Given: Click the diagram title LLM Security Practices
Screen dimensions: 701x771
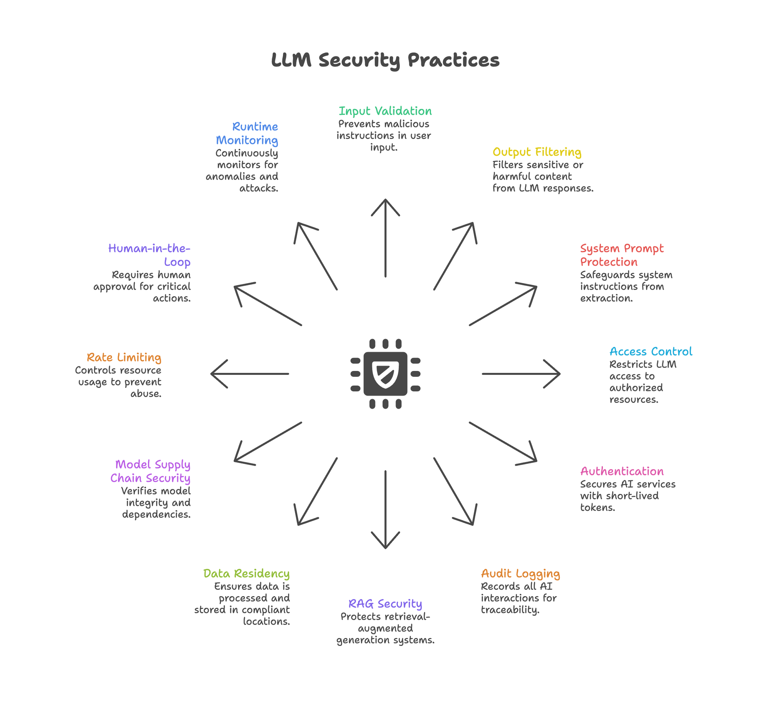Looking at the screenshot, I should (x=385, y=60).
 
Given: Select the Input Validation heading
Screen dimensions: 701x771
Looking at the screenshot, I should (x=385, y=111).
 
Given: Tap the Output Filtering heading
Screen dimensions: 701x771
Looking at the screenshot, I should (x=537, y=152).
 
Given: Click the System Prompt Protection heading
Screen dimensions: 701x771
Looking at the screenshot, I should (x=621, y=255).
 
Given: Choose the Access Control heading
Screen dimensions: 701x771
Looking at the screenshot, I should (x=651, y=351).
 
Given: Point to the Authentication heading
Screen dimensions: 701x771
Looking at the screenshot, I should (x=622, y=471).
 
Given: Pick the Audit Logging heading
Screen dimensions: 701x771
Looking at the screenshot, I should (x=520, y=573).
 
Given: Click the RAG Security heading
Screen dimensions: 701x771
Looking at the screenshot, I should (x=385, y=603).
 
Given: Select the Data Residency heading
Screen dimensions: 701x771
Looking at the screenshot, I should (x=246, y=573).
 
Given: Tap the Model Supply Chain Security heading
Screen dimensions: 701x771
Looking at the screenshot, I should (x=151, y=471).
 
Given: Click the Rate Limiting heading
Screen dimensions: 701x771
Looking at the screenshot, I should (x=124, y=357).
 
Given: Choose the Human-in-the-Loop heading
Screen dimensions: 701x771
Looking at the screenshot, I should (x=150, y=255).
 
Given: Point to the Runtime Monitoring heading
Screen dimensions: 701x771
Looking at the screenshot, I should (x=247, y=133).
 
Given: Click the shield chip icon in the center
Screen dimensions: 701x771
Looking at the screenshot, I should (x=385, y=374).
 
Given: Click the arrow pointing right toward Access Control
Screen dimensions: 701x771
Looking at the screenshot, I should (x=520, y=374).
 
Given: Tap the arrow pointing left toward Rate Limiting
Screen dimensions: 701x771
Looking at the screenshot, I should (x=250, y=374).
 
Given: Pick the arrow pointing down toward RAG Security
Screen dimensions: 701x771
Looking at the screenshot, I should (x=385, y=509).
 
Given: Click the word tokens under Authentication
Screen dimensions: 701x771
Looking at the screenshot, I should (x=598, y=507).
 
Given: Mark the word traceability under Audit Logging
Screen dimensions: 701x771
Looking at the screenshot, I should (x=510, y=610).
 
